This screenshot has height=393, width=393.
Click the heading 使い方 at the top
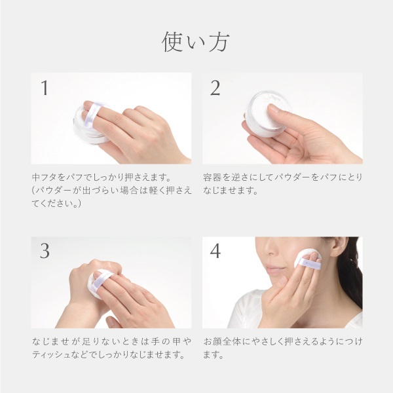pos(196,41)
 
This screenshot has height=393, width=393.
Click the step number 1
pos(45,88)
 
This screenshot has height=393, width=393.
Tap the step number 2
pos(215,88)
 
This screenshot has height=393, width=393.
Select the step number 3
pos(45,252)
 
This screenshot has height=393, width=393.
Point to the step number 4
pos(215,252)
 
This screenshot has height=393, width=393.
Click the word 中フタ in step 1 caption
pos(45,178)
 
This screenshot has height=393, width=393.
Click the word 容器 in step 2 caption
pos(212,178)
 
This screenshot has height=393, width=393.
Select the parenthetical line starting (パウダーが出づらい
pos(111,191)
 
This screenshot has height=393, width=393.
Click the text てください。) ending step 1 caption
pos(56,204)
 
